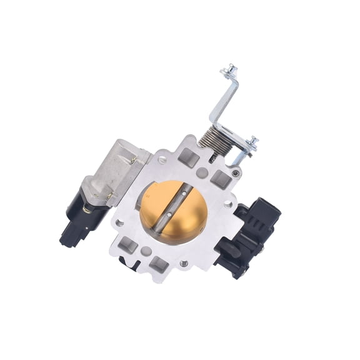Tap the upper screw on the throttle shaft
click(x=182, y=194)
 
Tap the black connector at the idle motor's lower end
click(x=70, y=236)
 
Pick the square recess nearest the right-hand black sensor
click(x=221, y=181)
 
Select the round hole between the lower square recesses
click(x=145, y=251)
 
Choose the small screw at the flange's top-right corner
click(x=235, y=173)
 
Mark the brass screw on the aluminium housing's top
click(x=133, y=160)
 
